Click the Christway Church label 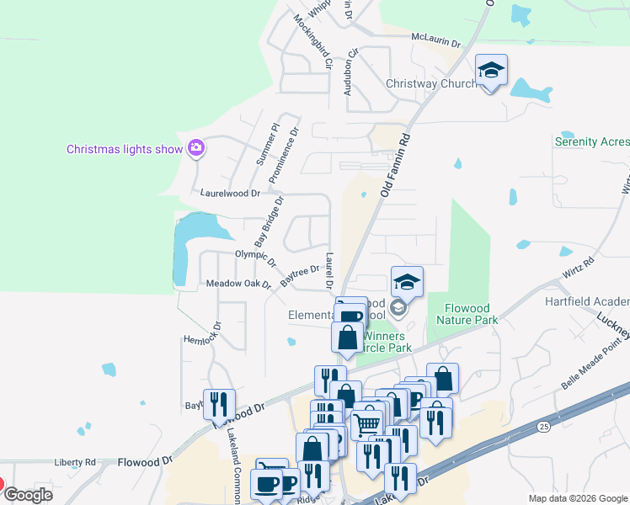[430, 83]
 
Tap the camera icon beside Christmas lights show [196, 149]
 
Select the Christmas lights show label [125, 150]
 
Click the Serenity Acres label [591, 141]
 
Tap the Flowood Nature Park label [467, 313]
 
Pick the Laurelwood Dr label [230, 193]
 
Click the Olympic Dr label [255, 257]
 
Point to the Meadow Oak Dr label [238, 284]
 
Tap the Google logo [28, 494]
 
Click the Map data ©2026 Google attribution [578, 498]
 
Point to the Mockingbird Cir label [314, 41]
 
